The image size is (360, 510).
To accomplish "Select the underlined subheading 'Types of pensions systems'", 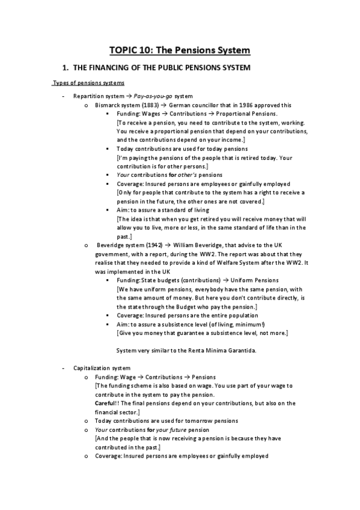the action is (x=89, y=83).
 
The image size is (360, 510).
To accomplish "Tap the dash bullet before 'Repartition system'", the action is (x=63, y=96).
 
